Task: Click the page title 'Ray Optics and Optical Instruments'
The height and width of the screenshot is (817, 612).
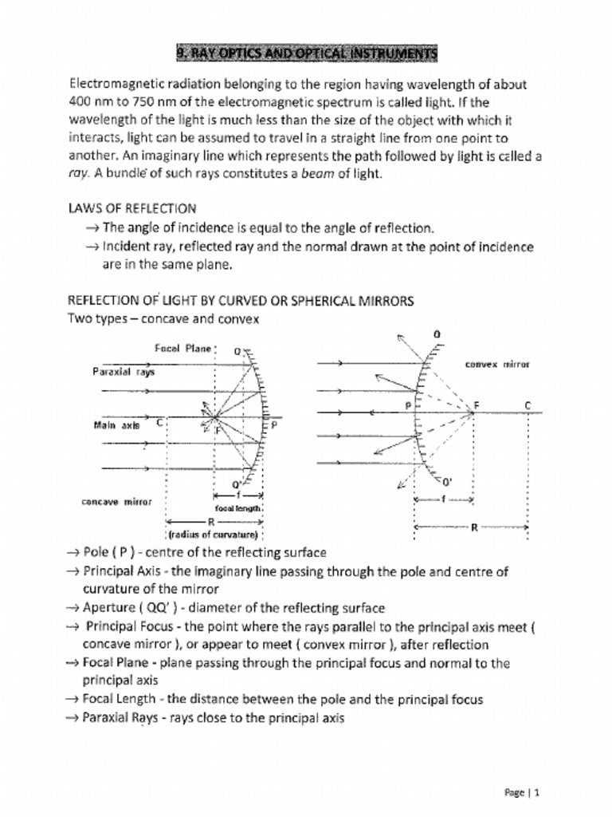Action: pyautogui.click(x=307, y=53)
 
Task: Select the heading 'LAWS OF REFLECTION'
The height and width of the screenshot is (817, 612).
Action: pyautogui.click(x=132, y=209)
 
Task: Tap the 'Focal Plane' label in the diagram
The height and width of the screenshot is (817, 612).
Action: pyautogui.click(x=183, y=349)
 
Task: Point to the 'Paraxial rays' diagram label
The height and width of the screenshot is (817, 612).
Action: pyautogui.click(x=124, y=372)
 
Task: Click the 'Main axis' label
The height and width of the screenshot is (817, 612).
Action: pyautogui.click(x=116, y=425)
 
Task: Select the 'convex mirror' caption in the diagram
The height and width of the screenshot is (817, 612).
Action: pyautogui.click(x=497, y=364)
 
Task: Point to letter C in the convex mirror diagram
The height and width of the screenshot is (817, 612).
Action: pyautogui.click(x=528, y=405)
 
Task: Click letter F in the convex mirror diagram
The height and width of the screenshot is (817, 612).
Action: pyautogui.click(x=477, y=405)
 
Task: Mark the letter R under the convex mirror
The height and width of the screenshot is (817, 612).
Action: pyautogui.click(x=474, y=527)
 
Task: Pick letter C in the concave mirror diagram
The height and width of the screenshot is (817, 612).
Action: pyautogui.click(x=160, y=423)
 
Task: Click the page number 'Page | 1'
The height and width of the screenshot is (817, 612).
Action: pyautogui.click(x=523, y=792)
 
